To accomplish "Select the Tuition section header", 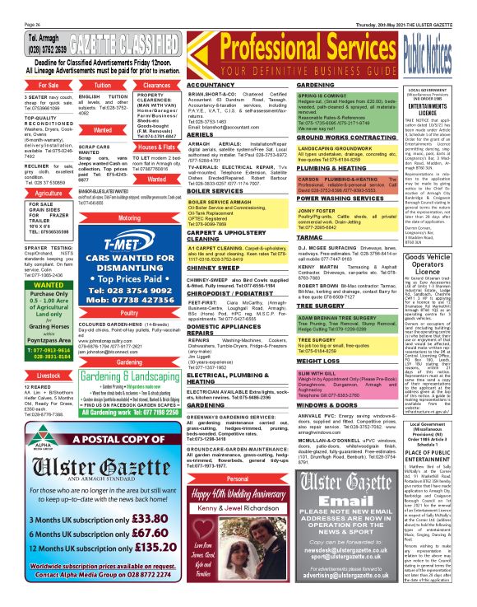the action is [x=103, y=85].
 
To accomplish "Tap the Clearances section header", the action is [x=156, y=85].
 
